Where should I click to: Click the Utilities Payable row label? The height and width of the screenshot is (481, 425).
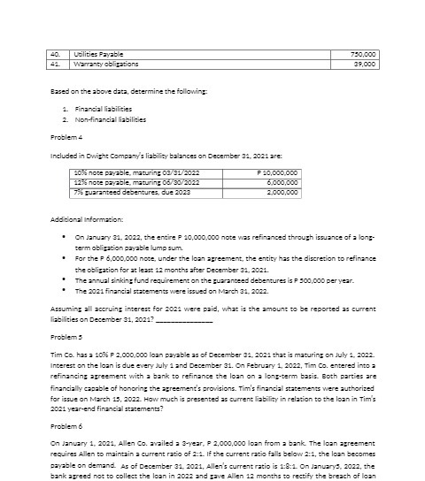[x=93, y=53]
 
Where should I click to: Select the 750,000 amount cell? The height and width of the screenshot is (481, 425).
[x=364, y=53]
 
